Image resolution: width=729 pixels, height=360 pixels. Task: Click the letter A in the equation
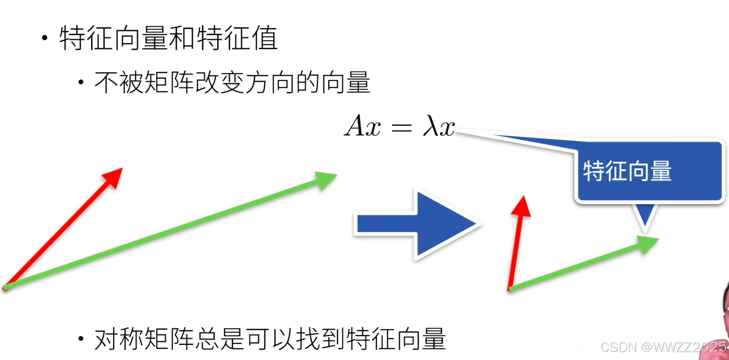[x=356, y=126]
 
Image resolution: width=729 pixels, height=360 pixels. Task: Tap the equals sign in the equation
[x=400, y=127]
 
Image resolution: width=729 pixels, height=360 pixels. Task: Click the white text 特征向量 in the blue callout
[x=627, y=172]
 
